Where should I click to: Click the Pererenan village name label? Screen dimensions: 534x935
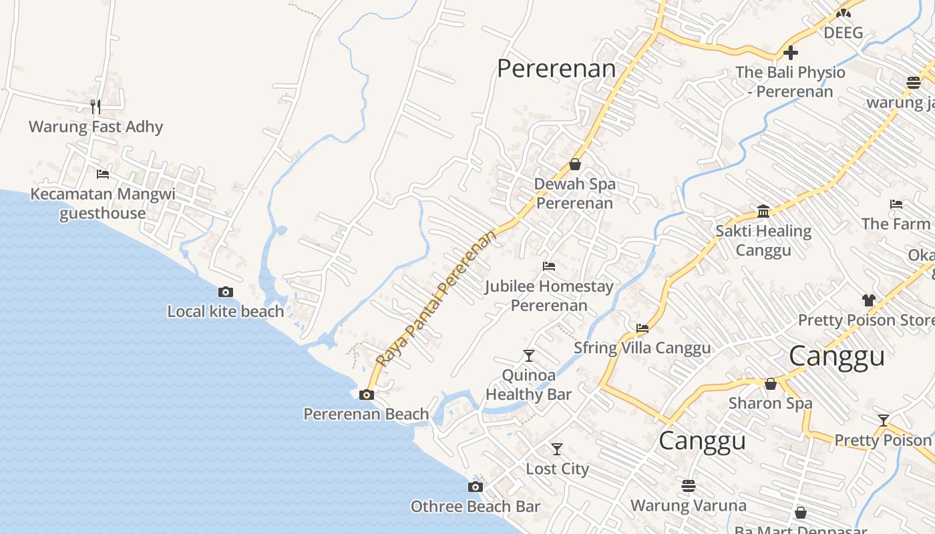556,69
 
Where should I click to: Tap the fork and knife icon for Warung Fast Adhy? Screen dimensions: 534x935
96,106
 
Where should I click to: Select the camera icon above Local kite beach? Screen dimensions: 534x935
226,292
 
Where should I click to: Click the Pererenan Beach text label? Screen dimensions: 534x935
366,414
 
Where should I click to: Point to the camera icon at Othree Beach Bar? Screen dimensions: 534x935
475,487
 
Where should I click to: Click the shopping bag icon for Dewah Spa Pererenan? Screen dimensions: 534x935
575,164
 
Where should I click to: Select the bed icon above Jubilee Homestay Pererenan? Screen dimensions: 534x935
549,266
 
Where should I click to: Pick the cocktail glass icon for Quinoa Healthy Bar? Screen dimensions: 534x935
529,355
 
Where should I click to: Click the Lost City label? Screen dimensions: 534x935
557,469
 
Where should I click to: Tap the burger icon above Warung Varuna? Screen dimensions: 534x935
689,485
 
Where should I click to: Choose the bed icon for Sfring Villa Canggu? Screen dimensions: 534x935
642,328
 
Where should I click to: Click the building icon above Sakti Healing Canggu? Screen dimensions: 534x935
763,212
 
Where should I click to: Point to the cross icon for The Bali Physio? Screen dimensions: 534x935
791,52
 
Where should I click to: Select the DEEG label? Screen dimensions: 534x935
843,33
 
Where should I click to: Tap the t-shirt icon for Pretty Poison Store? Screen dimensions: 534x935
868,300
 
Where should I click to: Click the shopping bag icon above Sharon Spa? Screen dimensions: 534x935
770,384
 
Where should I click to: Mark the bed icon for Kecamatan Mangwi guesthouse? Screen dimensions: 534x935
102,174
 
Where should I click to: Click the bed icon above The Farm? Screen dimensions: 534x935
896,204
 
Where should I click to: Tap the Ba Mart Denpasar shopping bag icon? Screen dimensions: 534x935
801,513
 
